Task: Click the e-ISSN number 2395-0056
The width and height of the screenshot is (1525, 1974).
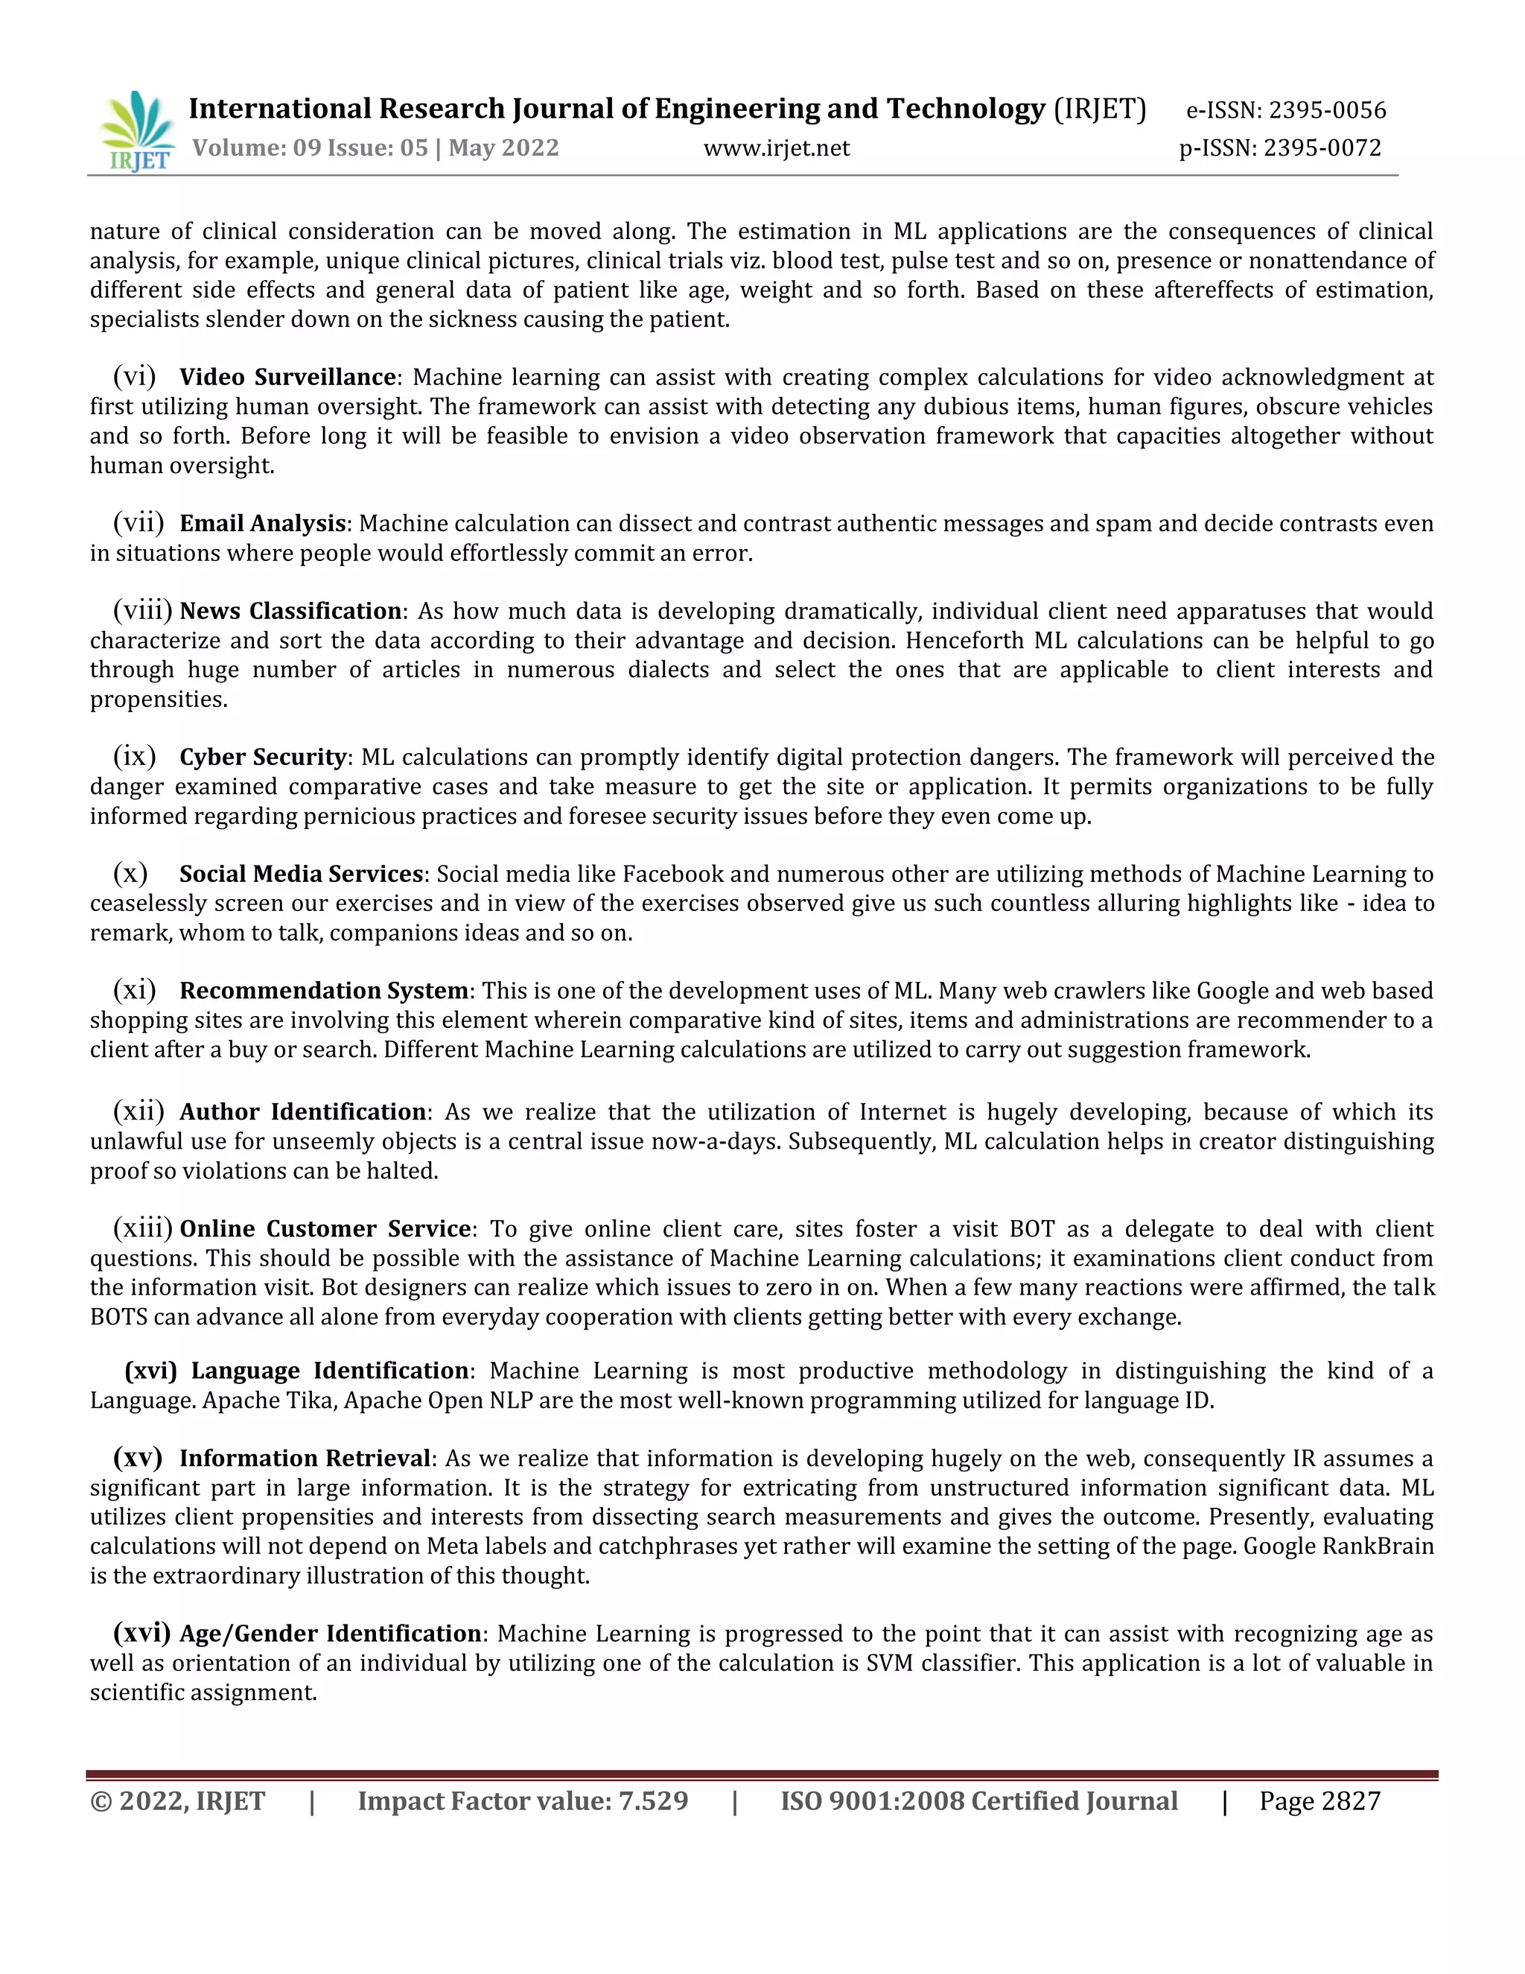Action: pos(1327,110)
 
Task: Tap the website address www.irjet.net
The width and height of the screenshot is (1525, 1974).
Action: pos(776,147)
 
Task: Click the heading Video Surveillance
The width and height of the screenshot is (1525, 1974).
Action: pos(287,377)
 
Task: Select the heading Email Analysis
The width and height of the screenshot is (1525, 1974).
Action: pos(262,524)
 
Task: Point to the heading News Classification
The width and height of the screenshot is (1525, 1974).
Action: pos(290,611)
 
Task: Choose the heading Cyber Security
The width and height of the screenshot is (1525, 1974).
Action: pos(263,757)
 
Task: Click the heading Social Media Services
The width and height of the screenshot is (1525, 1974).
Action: pos(301,874)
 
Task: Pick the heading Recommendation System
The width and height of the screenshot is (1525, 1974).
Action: pos(323,991)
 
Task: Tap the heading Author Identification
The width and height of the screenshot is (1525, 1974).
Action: pos(302,1111)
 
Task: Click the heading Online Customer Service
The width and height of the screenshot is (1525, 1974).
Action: pos(325,1228)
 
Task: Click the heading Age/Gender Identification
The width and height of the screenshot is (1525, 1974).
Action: pos(330,1634)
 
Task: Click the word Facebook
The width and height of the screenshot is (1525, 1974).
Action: pos(672,874)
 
